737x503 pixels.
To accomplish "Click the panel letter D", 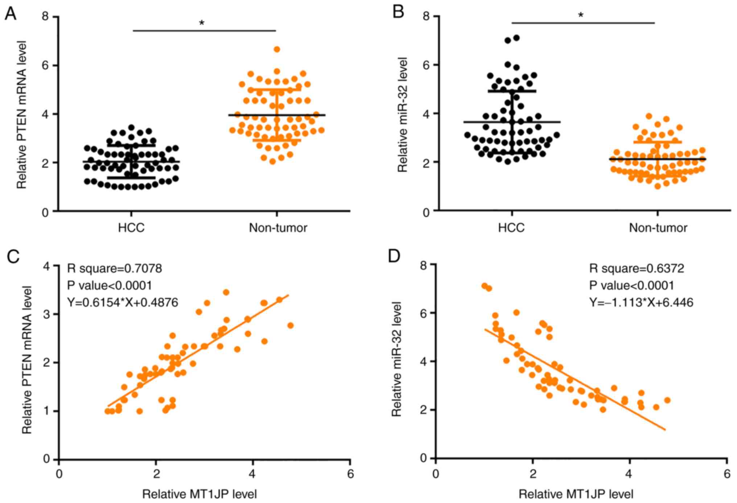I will pos(394,256).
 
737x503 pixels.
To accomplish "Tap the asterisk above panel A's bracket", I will pos(202,24).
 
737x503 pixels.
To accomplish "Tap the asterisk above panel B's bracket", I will pos(581,16).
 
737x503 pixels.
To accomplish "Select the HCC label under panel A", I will pos(131,228).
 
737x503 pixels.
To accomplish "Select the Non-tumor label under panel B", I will pos(658,228).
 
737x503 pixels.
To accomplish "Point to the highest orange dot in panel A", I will pos(277,49).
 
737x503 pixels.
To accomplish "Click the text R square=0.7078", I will pos(115,269).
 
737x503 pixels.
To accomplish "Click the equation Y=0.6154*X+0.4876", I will pos(123,302).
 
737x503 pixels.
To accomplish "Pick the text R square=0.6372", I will pos(637,269).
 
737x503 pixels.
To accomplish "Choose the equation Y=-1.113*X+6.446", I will pos(641,302).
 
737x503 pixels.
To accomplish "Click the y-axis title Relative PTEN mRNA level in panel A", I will pos(22,115).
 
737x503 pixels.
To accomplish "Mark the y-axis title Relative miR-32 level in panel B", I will pos(402,115).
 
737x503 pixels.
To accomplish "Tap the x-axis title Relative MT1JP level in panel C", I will pos(199,494).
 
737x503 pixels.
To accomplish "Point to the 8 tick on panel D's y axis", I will pos(423,265).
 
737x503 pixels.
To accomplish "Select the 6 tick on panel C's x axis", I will pos(350,474).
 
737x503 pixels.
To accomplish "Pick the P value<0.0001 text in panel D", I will pos(631,286).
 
